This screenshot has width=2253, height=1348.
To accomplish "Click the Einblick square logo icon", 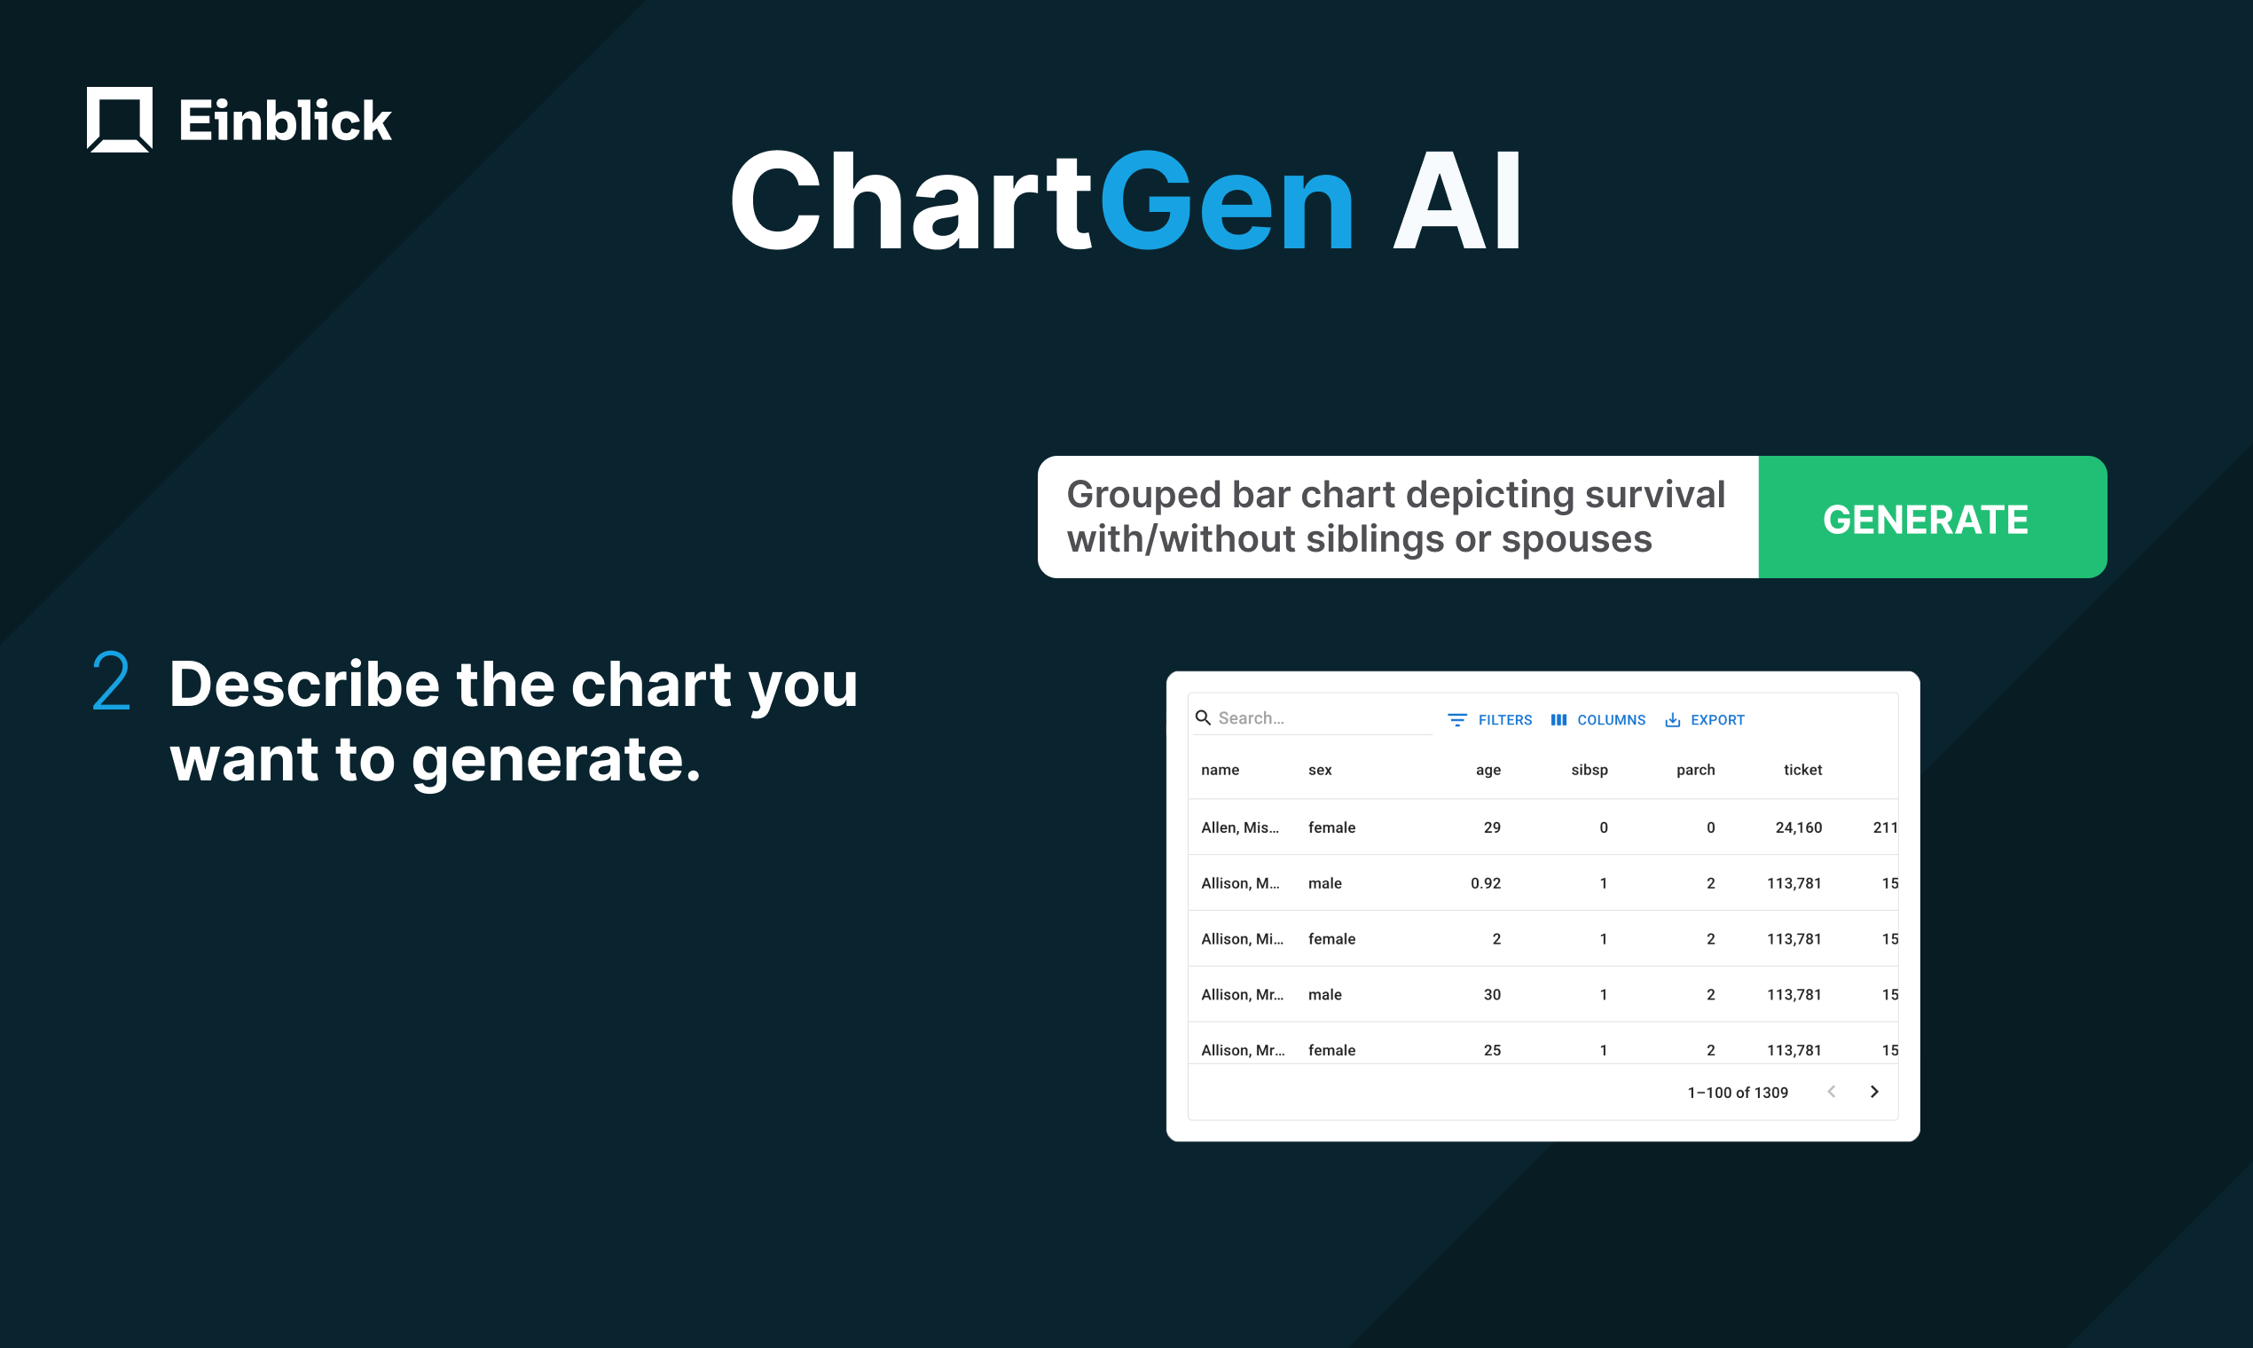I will point(120,119).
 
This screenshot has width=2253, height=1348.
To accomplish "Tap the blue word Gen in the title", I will point(1228,201).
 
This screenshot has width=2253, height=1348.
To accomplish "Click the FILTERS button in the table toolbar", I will point(1490,719).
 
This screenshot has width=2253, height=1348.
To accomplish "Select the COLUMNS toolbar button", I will point(1598,719).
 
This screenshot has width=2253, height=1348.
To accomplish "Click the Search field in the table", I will point(1317,717).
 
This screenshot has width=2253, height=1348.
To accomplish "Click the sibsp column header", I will point(1589,770).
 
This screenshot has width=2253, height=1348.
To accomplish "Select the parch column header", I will point(1695,770).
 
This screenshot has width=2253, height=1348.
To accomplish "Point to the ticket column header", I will point(1802,770).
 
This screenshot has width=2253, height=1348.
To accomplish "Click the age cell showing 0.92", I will point(1486,883).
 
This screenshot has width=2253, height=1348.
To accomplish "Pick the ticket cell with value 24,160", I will point(1798,827).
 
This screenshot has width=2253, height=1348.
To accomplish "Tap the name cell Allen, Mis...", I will point(1239,827).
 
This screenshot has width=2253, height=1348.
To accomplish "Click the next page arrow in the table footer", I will point(1874,1092).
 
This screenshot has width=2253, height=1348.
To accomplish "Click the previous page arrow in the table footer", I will point(1832,1092).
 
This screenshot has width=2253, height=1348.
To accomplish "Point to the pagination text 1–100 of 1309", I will point(1737,1093).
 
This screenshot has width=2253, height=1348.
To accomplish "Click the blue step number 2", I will point(111,681).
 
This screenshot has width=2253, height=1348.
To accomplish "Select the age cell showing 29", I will point(1492,827).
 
